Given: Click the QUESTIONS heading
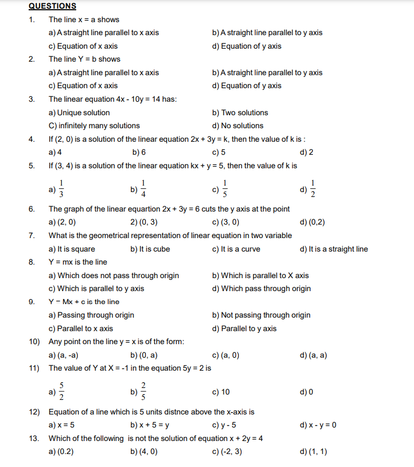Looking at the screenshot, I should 52,6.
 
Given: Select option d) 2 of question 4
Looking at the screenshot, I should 306,152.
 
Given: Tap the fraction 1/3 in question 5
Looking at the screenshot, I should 62,189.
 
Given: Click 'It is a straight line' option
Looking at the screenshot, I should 333,249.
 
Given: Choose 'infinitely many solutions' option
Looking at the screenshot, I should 95,126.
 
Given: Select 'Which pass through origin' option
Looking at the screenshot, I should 262,288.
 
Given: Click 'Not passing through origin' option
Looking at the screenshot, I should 262,315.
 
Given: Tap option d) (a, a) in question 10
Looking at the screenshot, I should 313,356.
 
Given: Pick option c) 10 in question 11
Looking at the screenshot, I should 221,392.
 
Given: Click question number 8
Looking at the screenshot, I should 31,262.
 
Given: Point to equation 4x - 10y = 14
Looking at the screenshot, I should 143,99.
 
